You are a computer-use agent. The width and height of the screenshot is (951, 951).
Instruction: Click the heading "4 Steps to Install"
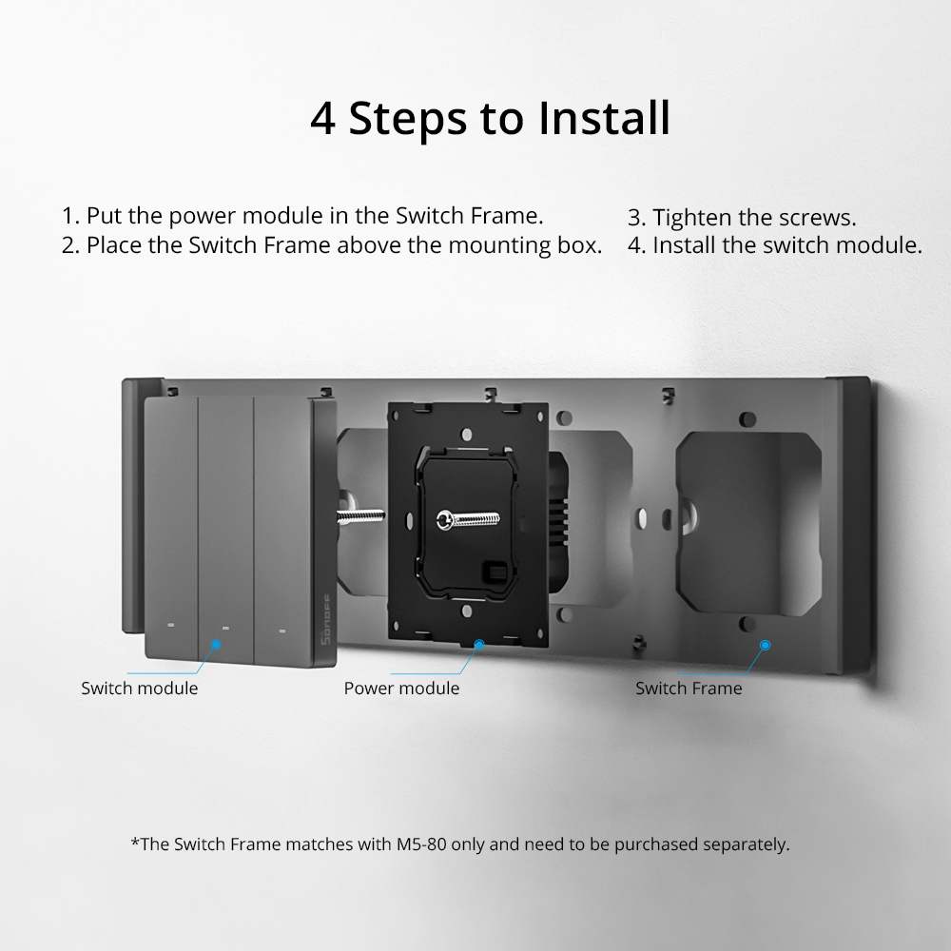click(490, 118)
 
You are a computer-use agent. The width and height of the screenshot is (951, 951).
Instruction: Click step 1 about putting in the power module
click(302, 216)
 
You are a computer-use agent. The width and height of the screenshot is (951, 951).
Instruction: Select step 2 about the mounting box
click(332, 245)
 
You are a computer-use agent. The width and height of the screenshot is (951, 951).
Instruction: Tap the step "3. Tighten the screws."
click(742, 217)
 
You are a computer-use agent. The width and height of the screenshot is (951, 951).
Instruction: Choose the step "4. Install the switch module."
click(775, 245)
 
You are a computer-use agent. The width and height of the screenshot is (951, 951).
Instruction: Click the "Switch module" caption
click(140, 689)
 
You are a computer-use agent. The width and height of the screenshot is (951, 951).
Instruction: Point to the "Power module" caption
click(401, 689)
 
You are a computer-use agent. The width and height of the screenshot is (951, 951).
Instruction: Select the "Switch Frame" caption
click(689, 689)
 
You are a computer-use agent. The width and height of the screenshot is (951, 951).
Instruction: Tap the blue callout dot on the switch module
click(216, 644)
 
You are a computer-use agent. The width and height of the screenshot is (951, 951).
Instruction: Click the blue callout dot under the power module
click(478, 645)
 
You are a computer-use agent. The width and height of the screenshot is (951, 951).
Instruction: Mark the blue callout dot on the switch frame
click(766, 645)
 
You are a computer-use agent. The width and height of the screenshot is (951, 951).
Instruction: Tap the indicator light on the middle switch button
click(225, 628)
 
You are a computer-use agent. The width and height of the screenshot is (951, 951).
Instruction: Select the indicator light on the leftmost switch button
click(170, 626)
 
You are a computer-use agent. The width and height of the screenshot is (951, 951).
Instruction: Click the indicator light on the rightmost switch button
click(281, 630)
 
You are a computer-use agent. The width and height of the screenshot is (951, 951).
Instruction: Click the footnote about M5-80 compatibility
click(460, 844)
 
